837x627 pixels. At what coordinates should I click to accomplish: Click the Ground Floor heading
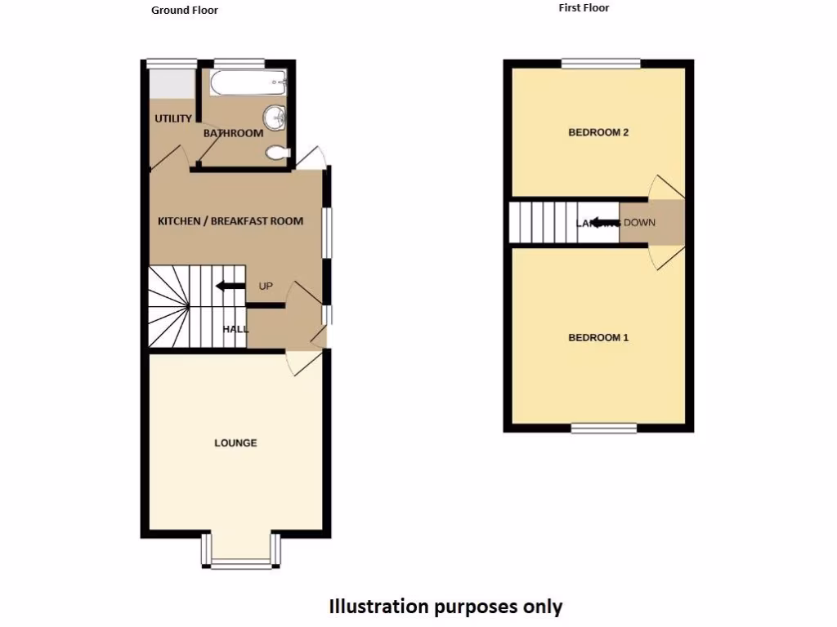tap(185, 11)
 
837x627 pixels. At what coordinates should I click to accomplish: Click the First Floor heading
tap(584, 8)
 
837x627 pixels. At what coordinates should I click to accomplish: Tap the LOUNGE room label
tap(235, 442)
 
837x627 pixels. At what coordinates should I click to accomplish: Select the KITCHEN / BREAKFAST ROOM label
tap(231, 221)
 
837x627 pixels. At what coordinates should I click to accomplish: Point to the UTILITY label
tap(173, 119)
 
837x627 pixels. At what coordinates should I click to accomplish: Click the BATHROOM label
tap(233, 133)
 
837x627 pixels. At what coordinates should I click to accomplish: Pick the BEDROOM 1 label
tap(598, 337)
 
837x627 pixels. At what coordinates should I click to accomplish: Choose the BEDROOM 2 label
tap(598, 132)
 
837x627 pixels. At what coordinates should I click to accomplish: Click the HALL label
tap(235, 329)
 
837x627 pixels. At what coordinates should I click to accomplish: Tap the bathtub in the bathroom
tap(248, 82)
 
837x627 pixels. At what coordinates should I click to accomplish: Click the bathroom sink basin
tap(277, 118)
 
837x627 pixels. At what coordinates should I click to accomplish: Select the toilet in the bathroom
tap(278, 152)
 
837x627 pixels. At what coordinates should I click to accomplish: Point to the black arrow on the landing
tap(603, 222)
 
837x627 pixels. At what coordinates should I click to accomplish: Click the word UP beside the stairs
tap(266, 287)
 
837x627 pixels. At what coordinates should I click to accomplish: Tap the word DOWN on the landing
tap(639, 222)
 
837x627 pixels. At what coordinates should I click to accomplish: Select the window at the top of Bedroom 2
tap(602, 64)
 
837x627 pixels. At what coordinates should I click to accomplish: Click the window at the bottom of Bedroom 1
tap(603, 427)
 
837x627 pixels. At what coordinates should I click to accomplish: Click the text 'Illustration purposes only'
tap(445, 607)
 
